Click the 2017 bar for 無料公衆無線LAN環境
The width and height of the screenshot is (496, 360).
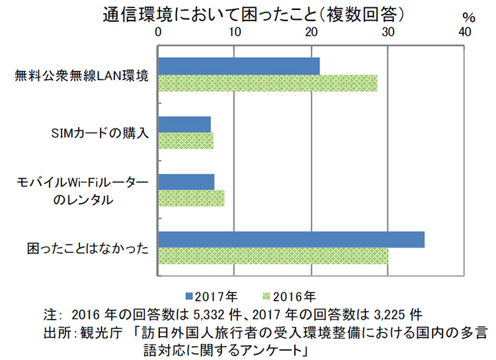(239, 66)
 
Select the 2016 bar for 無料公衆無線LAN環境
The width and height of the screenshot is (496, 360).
(267, 83)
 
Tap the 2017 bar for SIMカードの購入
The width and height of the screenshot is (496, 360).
(185, 124)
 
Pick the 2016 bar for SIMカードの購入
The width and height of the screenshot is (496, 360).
(186, 141)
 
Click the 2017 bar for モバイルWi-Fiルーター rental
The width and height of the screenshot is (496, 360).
(186, 182)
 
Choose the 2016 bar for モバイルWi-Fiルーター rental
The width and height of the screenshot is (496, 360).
(191, 199)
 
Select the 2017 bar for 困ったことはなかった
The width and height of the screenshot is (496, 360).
(291, 240)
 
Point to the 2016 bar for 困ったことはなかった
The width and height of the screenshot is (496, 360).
(273, 256)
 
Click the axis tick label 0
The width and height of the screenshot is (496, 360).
(159, 32)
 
